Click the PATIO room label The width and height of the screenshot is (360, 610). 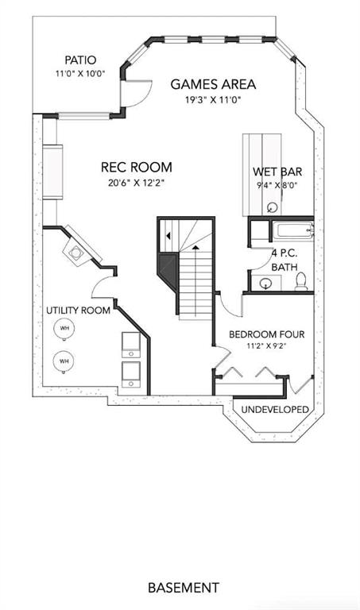point(80,60)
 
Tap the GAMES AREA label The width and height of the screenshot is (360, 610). point(213,84)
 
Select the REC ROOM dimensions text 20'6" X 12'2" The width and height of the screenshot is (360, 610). point(137,183)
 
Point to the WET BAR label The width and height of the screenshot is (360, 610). point(277,172)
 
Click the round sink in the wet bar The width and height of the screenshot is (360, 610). point(273,208)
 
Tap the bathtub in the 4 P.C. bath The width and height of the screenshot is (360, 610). point(293,231)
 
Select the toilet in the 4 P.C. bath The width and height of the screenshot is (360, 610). point(301,282)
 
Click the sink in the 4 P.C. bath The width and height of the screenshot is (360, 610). point(265,283)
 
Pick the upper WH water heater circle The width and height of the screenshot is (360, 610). point(64,328)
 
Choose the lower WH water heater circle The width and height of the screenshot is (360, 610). point(64,361)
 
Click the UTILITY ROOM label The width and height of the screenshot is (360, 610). point(78,311)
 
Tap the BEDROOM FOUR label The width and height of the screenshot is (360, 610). point(266,334)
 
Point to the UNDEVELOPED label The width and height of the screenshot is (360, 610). point(275,409)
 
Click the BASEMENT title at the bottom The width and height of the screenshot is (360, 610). point(184,587)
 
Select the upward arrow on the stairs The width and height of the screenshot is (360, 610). point(195,248)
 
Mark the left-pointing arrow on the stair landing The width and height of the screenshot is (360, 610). point(168,235)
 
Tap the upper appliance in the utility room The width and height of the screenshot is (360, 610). point(131,345)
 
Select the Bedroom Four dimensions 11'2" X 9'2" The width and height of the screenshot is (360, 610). point(266,346)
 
